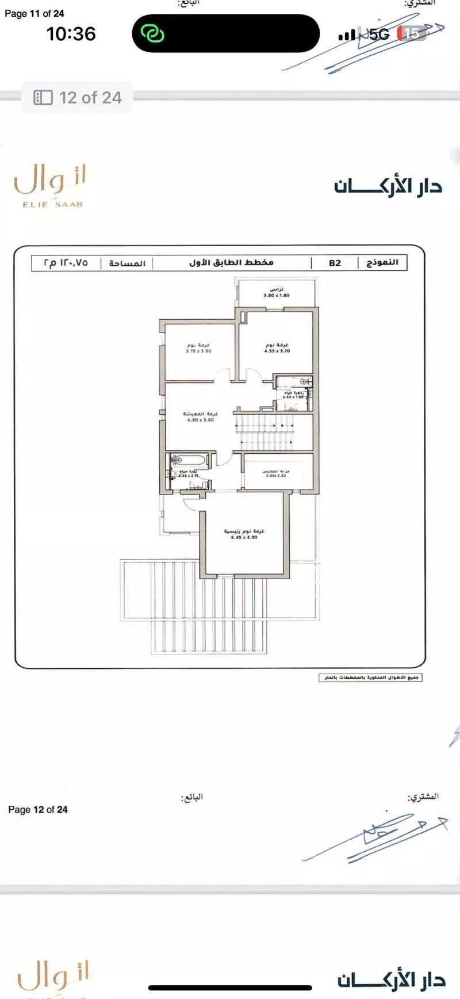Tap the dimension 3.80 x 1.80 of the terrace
277,295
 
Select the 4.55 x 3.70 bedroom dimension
277,351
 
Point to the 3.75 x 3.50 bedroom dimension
198,351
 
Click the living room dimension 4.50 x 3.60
200,420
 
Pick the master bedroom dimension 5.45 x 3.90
244,537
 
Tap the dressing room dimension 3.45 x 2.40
276,476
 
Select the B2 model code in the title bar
335,263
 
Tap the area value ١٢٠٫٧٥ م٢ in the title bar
66,263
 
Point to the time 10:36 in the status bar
71,34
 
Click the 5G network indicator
379,35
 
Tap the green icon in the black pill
153,33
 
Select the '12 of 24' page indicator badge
78,98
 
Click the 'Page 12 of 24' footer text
38,809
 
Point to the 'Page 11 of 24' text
34,13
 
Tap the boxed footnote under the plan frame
371,678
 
